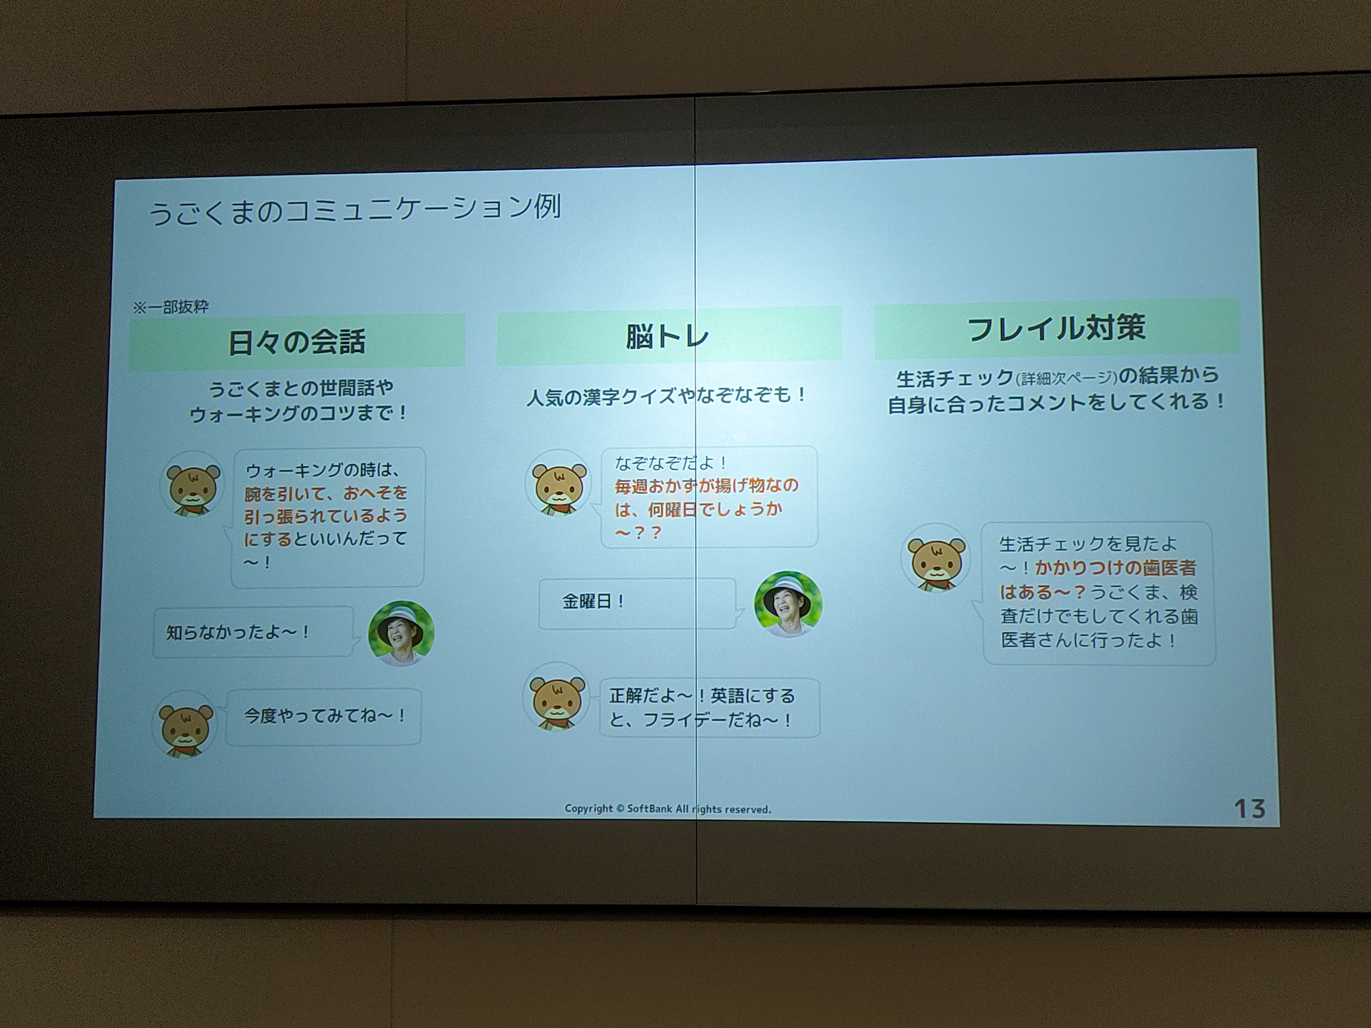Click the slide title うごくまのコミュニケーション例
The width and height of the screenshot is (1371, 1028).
coord(355,210)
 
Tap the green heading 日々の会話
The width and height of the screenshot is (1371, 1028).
coord(297,342)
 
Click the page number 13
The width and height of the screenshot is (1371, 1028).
coord(1250,809)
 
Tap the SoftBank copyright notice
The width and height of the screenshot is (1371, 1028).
coord(668,809)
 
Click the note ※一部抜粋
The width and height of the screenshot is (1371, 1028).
coord(171,307)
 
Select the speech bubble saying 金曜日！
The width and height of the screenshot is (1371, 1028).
coord(637,603)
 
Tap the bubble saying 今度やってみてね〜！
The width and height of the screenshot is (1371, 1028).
coord(324,716)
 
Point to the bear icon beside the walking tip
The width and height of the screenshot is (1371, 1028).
coord(192,484)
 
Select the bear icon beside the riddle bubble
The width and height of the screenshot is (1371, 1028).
coord(559,484)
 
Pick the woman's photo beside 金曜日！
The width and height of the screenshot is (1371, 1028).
coord(788,604)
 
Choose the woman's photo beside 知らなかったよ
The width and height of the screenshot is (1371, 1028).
coord(401,633)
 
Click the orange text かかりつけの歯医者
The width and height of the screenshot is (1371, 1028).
coord(1115,568)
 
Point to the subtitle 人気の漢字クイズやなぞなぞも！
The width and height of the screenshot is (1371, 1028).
coord(667,395)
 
